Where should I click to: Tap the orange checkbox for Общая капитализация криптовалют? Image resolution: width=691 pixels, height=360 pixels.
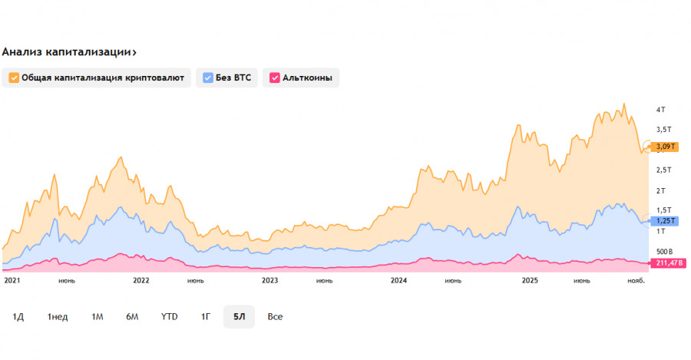(14, 78)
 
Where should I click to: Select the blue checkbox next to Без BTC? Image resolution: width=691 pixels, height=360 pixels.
(208, 78)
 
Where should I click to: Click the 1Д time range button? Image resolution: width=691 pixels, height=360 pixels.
(18, 316)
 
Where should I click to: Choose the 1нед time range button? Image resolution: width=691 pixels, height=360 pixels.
(58, 316)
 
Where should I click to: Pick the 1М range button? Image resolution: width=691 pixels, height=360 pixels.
(98, 316)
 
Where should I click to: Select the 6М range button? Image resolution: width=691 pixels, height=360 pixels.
(132, 316)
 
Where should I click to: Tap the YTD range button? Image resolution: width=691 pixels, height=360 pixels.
(169, 316)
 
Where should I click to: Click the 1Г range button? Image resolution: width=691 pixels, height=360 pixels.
(206, 316)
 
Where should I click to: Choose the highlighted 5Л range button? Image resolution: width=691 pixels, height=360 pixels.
(239, 316)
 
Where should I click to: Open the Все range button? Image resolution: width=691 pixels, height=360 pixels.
(275, 316)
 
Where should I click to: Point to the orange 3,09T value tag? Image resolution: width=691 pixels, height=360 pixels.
(664, 147)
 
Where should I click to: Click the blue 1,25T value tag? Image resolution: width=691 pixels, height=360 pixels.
(664, 221)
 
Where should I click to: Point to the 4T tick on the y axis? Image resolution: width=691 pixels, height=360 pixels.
(660, 109)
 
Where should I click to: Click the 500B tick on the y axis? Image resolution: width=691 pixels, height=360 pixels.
(664, 251)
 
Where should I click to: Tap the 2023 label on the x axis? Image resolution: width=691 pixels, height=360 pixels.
(270, 281)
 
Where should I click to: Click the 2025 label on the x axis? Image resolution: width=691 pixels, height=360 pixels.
(530, 281)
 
